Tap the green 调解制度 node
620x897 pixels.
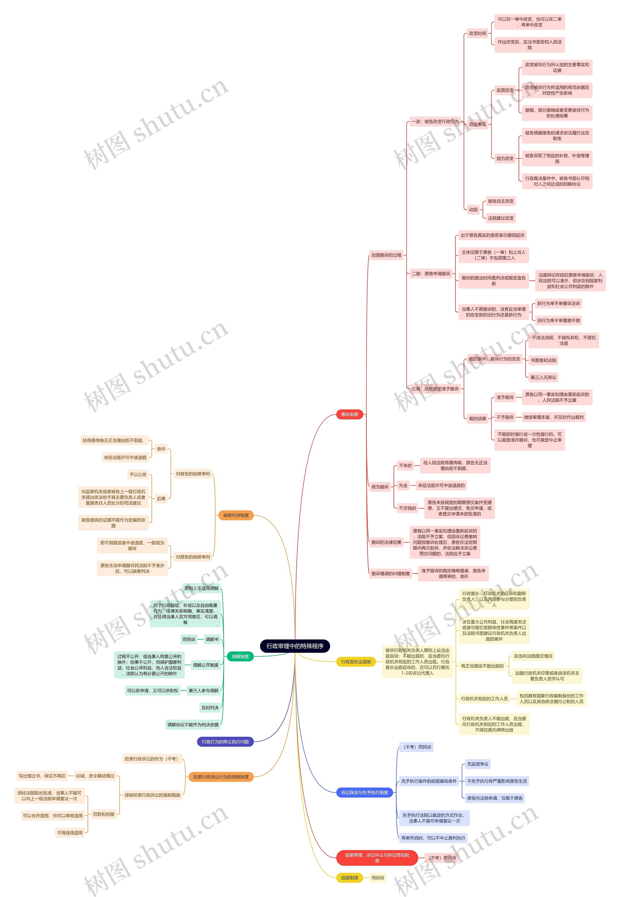240,656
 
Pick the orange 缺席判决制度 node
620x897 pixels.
236,515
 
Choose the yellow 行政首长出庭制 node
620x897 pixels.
356,661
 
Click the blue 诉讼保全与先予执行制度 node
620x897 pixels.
364,793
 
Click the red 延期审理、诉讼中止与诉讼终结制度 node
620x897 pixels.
377,858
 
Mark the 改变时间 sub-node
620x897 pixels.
477,33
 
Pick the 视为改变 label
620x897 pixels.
505,158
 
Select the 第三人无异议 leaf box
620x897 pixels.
543,377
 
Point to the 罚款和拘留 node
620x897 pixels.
104,814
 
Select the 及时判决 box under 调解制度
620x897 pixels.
210,708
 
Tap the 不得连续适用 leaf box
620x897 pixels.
70,833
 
